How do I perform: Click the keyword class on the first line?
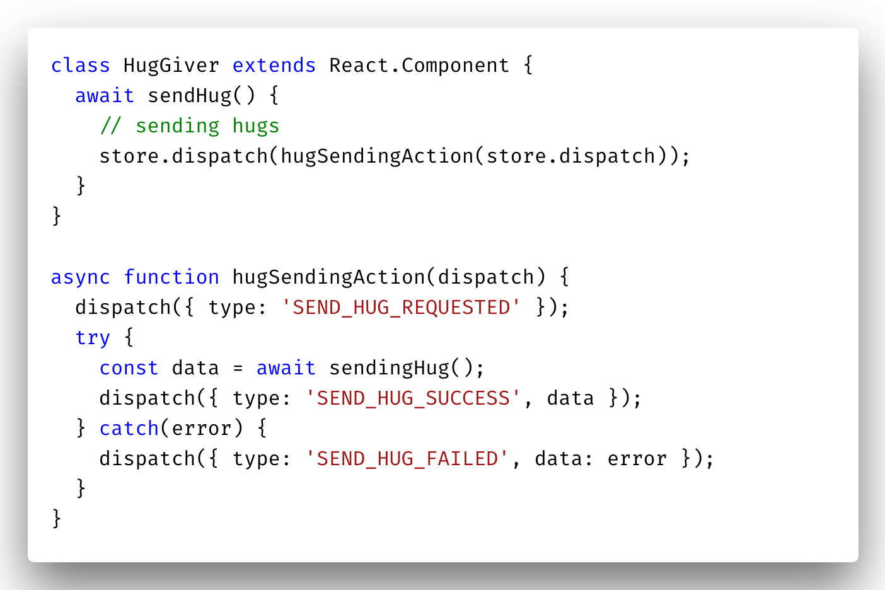[80, 66]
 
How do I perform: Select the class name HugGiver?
[171, 66]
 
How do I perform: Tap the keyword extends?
[274, 66]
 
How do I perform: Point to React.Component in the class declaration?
[419, 66]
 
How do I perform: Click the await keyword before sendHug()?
[105, 96]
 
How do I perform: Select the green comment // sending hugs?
[189, 126]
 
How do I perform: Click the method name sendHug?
[190, 96]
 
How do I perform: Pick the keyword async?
[80, 277]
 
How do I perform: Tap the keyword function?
[171, 277]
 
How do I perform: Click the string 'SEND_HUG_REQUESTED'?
[401, 308]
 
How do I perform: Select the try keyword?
[92, 338]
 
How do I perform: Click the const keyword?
[129, 368]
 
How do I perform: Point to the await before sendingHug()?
[286, 368]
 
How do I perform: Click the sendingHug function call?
[389, 368]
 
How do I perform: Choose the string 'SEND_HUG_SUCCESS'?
[414, 398]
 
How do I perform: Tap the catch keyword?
[129, 429]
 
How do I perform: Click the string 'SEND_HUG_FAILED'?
[407, 459]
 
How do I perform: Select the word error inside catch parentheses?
[202, 429]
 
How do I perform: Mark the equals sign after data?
[238, 369]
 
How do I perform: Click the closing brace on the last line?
[57, 518]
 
